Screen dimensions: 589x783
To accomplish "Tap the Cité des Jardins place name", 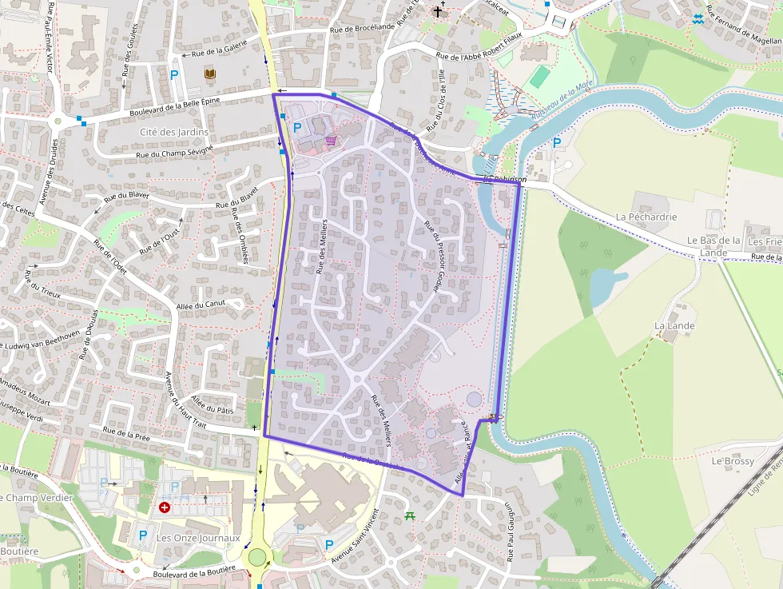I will tap(173, 132).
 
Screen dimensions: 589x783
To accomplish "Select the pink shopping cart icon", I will tap(331, 141).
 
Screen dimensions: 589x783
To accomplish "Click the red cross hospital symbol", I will tap(165, 507).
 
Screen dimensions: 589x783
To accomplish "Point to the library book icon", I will tap(210, 75).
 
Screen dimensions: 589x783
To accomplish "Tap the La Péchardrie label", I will tap(646, 217).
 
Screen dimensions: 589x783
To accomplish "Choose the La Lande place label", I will tap(674, 326).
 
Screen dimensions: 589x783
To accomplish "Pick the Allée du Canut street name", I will tap(201, 304).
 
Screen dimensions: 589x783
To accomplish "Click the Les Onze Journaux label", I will tap(197, 538).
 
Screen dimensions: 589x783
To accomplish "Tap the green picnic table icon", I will tap(411, 515).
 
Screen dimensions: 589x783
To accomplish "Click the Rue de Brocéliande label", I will tap(362, 28).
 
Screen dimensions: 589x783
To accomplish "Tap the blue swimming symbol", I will tap(698, 18).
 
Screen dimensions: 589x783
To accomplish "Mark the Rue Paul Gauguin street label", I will tap(509, 531).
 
